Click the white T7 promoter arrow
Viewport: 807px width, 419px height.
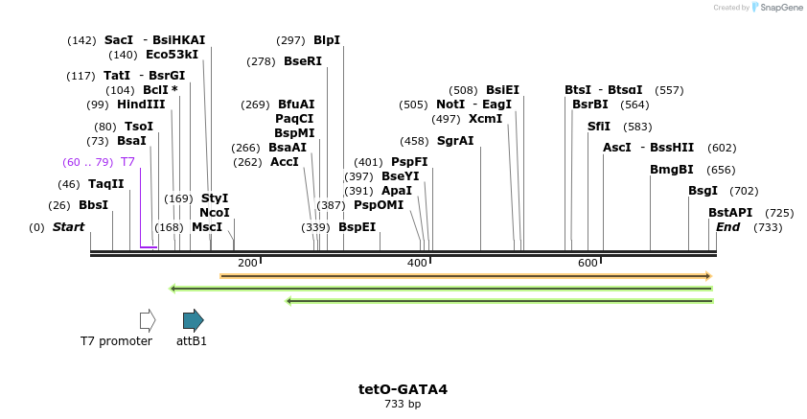click(x=147, y=320)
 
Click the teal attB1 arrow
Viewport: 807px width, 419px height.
click(x=193, y=320)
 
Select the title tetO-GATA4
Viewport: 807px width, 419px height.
click(x=403, y=389)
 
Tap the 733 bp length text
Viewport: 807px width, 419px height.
click(x=403, y=405)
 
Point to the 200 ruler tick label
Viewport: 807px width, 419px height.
click(x=247, y=263)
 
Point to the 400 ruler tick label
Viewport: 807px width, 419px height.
click(x=417, y=263)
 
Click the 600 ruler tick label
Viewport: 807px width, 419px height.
click(x=588, y=263)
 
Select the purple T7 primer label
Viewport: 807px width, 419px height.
click(x=127, y=162)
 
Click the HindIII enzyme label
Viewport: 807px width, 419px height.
click(x=141, y=105)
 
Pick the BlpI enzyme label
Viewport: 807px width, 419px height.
click(x=327, y=40)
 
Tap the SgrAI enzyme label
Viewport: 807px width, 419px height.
click(x=455, y=141)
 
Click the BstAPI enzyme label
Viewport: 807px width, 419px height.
click(x=730, y=213)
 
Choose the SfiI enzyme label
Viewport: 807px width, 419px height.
click(x=599, y=127)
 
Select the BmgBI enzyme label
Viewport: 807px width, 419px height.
click(x=672, y=170)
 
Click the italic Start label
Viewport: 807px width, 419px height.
click(x=68, y=227)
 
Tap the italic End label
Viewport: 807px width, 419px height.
click(x=727, y=227)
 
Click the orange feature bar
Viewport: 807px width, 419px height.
click(x=465, y=276)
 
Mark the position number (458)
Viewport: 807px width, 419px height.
click(x=415, y=141)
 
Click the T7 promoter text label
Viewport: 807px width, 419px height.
click(x=116, y=341)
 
